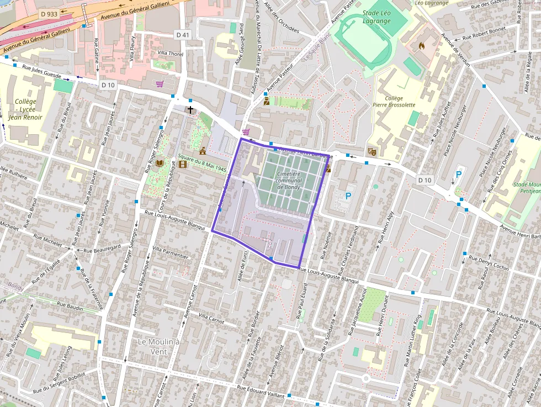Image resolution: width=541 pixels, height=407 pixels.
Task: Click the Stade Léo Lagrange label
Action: [377, 17]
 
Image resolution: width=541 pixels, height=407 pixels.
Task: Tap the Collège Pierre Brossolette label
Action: [394, 101]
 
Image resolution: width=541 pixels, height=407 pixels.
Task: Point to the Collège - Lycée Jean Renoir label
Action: [25, 109]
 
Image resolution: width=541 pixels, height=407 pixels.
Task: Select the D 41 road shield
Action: [183, 35]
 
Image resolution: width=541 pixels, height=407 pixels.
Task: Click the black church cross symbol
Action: [190, 110]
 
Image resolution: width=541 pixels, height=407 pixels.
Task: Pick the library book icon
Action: [160, 163]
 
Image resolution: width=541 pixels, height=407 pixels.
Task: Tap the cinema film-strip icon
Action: [183, 163]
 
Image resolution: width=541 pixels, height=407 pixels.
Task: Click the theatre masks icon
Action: [372, 151]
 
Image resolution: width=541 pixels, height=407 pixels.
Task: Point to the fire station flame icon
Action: [422, 46]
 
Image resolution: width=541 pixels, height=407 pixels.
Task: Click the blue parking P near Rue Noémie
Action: [348, 195]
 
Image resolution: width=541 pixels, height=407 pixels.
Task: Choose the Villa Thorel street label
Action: [170, 53]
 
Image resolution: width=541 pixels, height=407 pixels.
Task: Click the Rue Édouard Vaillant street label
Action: [261, 392]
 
